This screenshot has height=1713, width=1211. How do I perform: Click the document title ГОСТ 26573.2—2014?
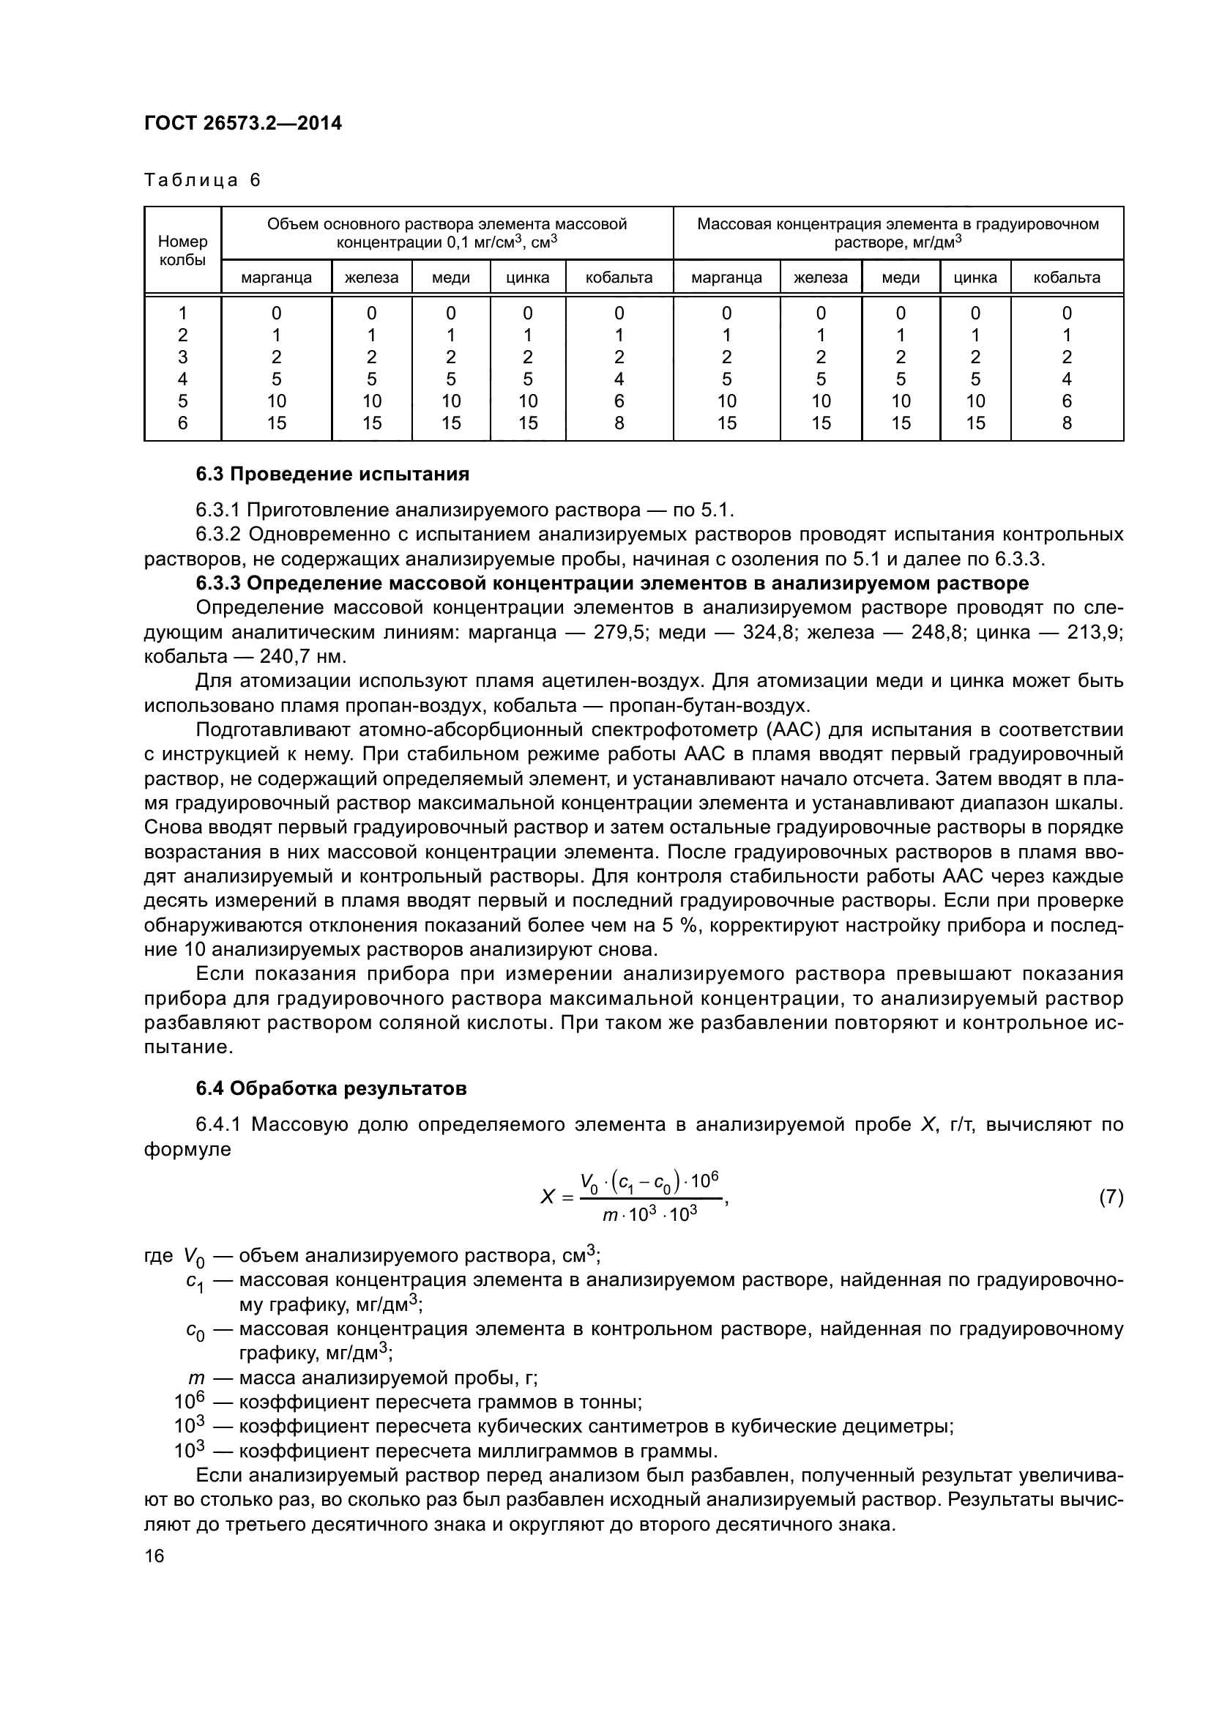click(x=243, y=123)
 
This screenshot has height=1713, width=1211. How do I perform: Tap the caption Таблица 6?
click(x=202, y=181)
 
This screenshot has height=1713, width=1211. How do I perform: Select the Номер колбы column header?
click(x=183, y=250)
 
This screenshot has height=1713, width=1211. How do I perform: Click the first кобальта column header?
click(x=619, y=278)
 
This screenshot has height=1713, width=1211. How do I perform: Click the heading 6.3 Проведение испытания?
click(x=332, y=474)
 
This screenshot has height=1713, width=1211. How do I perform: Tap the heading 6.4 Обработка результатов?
click(x=331, y=1088)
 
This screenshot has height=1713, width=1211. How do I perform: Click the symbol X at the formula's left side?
click(x=548, y=1197)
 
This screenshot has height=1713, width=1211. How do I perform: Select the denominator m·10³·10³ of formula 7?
click(x=649, y=1214)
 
